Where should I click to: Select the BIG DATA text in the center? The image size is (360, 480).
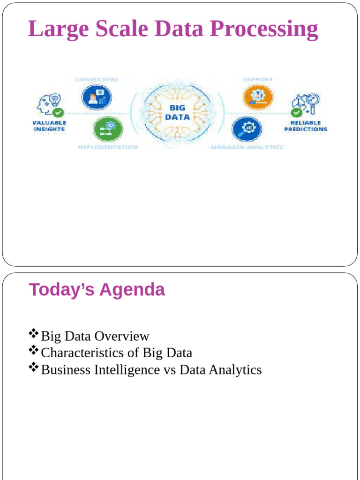177,112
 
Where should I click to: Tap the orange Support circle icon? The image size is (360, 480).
257,96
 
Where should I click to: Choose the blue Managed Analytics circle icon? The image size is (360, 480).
246,128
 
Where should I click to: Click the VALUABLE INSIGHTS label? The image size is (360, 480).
49,126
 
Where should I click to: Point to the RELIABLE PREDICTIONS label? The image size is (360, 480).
306,126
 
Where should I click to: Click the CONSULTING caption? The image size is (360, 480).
97,80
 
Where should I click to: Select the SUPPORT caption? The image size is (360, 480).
257,79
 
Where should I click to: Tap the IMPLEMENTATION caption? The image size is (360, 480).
108,147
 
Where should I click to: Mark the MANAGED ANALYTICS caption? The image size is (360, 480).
247,147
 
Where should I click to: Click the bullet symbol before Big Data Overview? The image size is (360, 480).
33,334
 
